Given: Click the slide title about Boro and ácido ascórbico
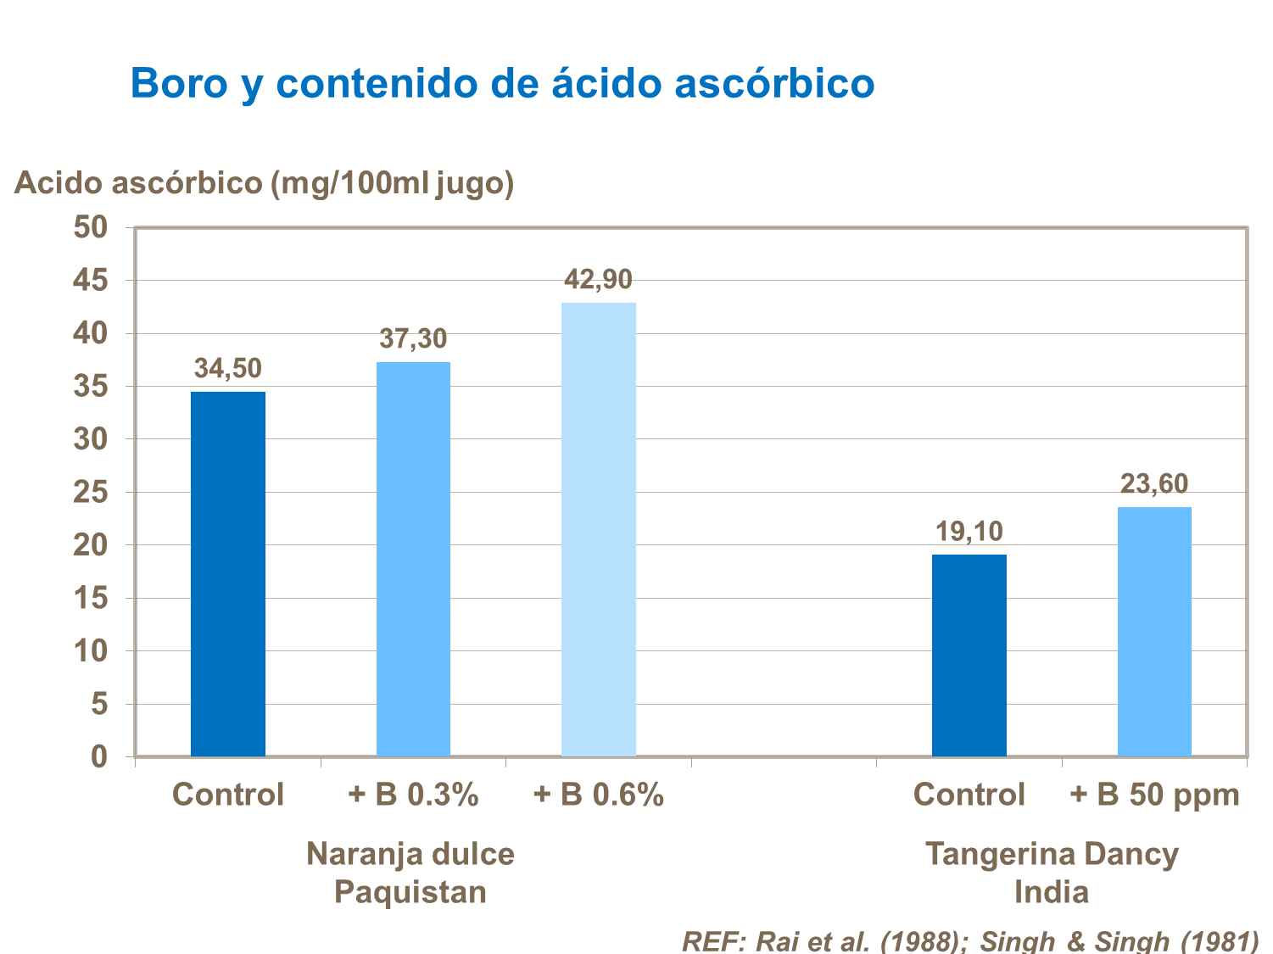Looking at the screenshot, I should [x=502, y=83].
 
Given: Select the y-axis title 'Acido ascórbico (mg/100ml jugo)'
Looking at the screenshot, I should [x=264, y=182].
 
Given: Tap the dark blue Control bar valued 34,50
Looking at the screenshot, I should [x=227, y=573].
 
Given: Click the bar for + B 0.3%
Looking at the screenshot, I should [x=413, y=559].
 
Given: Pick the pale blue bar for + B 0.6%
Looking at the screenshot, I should [x=598, y=529].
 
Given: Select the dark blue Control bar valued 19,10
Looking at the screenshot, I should [x=969, y=655].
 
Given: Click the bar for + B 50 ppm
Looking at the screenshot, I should [x=1153, y=631].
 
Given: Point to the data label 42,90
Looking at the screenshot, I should [x=598, y=279].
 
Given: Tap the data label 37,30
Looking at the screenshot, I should [x=413, y=339].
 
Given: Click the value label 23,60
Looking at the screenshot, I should [x=1153, y=484].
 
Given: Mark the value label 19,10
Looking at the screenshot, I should [x=969, y=532].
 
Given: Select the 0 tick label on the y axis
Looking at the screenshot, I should [x=99, y=756].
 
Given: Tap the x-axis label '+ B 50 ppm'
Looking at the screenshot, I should [x=1153, y=795].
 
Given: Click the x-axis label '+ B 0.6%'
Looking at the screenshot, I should [x=598, y=795].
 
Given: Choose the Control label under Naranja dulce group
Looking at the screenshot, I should [x=227, y=795].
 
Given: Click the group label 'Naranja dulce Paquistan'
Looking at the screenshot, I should [x=410, y=873].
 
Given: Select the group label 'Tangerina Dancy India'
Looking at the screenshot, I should [x=1052, y=873].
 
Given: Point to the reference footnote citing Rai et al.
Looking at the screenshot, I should [x=969, y=940].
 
